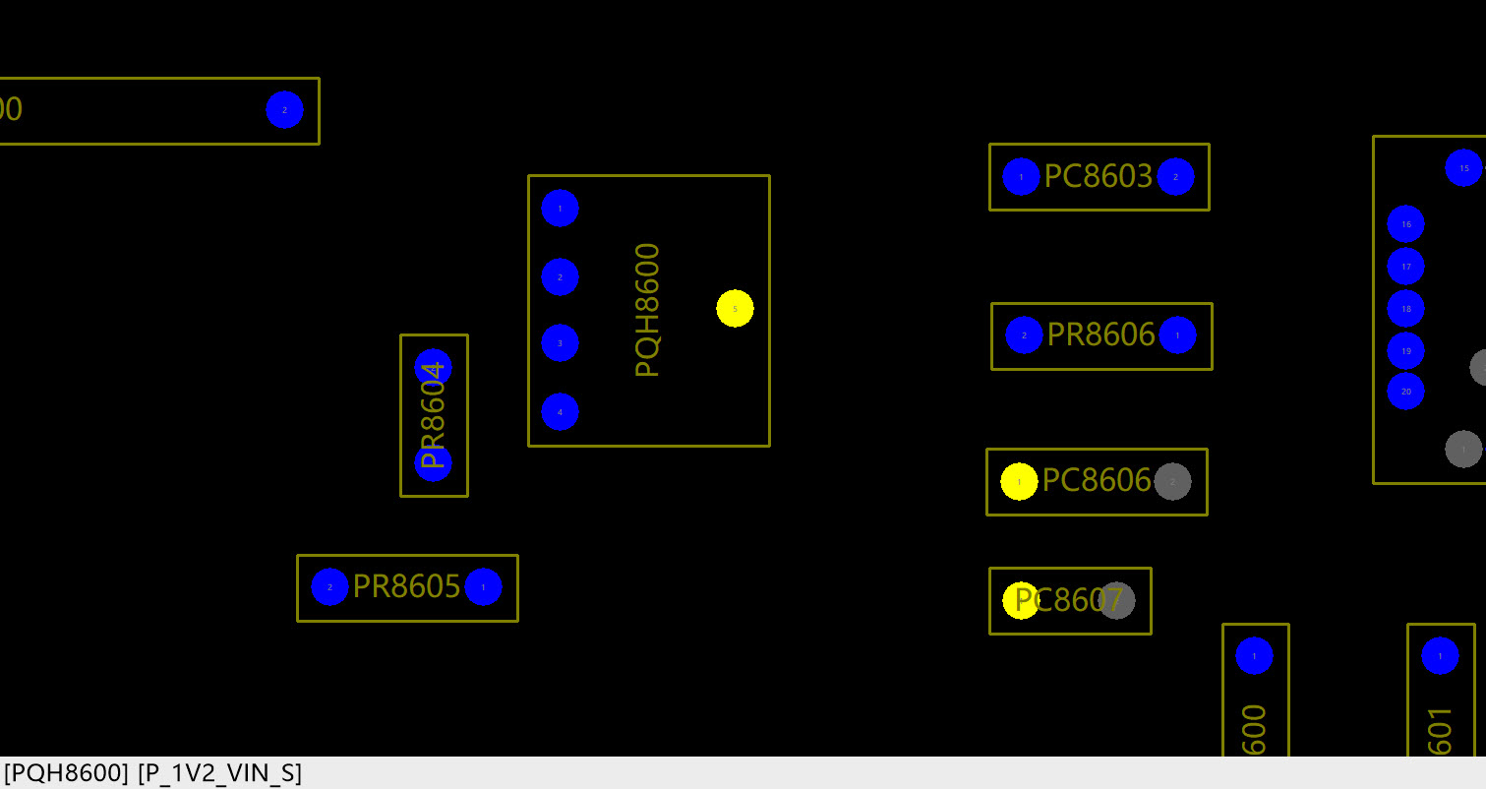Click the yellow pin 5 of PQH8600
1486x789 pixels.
point(735,309)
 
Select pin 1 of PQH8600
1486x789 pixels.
point(560,209)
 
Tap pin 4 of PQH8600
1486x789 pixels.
point(560,412)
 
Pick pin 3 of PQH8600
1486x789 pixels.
point(560,343)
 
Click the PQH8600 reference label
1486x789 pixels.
point(647,310)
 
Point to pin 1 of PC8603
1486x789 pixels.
point(1021,177)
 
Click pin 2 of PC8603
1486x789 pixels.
point(1175,177)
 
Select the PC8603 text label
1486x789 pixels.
point(1098,177)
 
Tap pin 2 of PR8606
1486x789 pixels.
point(1024,335)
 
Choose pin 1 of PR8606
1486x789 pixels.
point(1177,335)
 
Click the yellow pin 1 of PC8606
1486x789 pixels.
point(1019,482)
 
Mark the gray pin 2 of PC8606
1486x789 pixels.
point(1172,482)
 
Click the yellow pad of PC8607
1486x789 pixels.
point(1020,601)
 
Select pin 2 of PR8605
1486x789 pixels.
point(329,587)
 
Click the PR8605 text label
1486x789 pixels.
point(406,587)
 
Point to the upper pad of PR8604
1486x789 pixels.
point(433,367)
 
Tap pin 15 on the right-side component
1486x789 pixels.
point(1463,168)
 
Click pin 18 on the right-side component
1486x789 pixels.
point(1405,309)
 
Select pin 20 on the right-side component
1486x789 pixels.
point(1405,392)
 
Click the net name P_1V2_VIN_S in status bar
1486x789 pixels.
point(219,773)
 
